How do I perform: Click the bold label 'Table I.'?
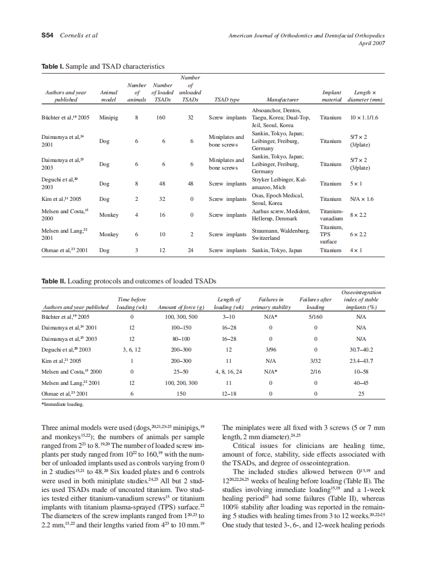point(53,67)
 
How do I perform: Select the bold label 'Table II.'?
point(54,281)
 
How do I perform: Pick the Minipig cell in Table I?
point(109,117)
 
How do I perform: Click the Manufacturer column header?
point(282,99)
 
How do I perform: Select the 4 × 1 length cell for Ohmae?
point(356,251)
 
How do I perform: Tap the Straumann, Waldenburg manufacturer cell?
point(281,234)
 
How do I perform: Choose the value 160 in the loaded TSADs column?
point(163,117)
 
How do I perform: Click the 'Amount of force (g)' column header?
point(181,307)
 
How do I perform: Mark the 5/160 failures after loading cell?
point(315,317)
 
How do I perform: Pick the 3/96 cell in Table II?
point(270,350)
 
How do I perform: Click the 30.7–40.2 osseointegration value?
point(360,350)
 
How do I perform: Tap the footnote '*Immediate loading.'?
point(62,404)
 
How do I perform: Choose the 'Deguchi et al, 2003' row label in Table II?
point(67,350)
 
